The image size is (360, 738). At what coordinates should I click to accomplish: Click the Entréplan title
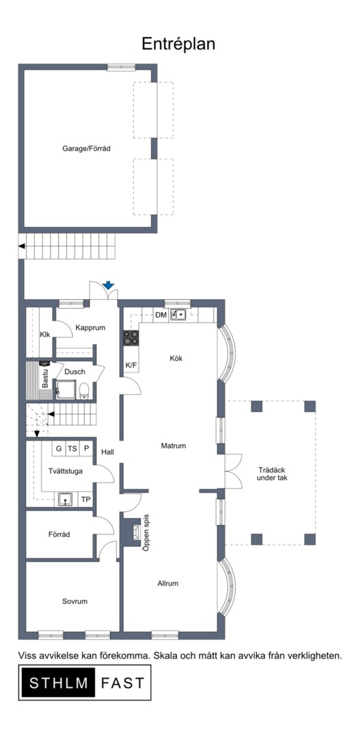178,44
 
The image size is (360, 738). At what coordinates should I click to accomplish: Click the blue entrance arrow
108,285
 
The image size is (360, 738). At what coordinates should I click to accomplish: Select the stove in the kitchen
131,338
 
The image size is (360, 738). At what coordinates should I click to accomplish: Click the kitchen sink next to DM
178,314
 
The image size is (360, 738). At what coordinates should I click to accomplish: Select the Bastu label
46,379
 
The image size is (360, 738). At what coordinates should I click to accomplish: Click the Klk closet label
45,335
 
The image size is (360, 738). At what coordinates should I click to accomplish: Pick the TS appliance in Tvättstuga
72,448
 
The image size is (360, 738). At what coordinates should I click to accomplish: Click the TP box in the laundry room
85,500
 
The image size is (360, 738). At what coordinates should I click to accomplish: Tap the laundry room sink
65,499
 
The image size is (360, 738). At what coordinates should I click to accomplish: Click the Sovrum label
75,601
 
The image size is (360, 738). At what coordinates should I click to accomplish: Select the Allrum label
167,583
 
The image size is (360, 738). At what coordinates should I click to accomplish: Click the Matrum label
174,446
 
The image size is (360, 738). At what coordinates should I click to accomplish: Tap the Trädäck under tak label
273,474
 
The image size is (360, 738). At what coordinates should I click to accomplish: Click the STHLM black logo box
54,683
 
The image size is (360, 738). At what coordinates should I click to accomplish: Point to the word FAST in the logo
122,683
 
